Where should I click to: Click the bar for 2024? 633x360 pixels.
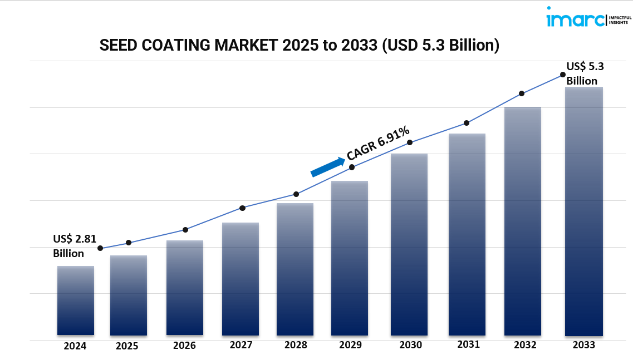tap(76, 300)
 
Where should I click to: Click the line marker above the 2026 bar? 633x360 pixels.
tap(185, 230)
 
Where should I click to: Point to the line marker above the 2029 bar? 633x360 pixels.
tap(352, 167)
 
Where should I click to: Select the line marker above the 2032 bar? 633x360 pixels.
tap(522, 93)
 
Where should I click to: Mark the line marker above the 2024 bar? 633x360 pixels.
tap(100, 248)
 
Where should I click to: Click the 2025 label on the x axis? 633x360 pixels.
tap(127, 346)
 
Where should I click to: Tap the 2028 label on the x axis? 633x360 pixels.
tap(296, 345)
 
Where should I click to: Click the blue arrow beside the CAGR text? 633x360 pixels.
tap(327, 166)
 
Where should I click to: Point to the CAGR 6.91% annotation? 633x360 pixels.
tap(378, 143)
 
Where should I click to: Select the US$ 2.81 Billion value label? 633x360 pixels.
tap(70, 246)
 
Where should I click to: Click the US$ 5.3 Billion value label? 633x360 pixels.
tap(585, 73)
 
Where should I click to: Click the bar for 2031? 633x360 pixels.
tap(467, 234)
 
